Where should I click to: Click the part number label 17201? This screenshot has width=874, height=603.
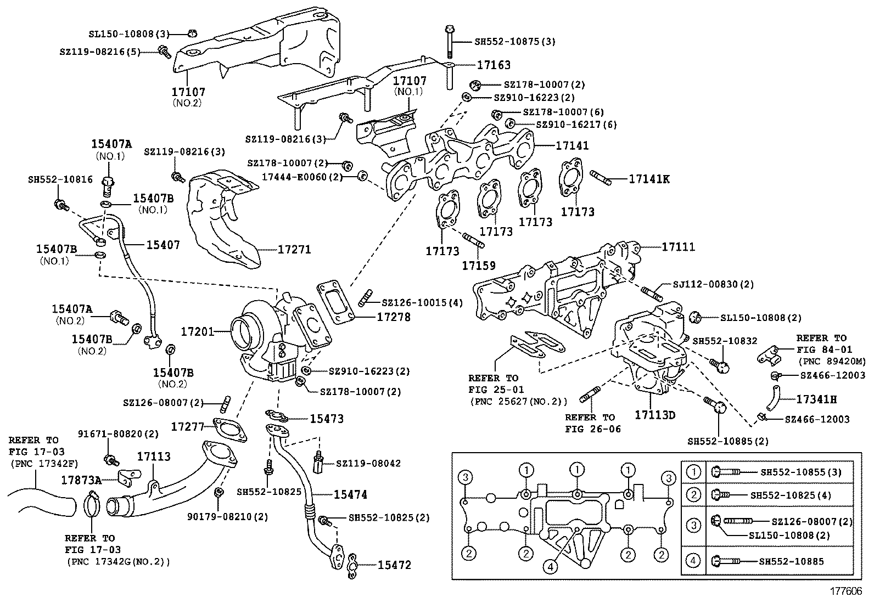coord(197,331)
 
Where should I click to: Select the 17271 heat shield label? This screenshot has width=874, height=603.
coord(294,250)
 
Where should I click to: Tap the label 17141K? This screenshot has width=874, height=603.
coord(649,179)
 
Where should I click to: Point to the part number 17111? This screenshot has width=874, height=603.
coord(678,247)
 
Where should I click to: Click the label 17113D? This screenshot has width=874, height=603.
coord(655,415)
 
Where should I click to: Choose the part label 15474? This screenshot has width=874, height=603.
coord(350,494)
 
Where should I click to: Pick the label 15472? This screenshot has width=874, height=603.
coord(394,565)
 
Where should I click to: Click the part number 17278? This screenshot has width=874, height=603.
coord(393,317)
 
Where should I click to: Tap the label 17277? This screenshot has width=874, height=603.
coord(187,426)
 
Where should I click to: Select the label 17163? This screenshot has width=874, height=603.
coord(494,65)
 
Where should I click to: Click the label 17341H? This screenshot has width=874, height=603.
coord(816,399)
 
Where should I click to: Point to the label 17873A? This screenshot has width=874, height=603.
coord(81,481)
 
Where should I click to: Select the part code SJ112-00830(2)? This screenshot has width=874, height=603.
coord(713,284)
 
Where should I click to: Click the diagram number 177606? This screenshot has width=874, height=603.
coord(845,592)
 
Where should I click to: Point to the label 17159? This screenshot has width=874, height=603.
coord(478,266)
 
